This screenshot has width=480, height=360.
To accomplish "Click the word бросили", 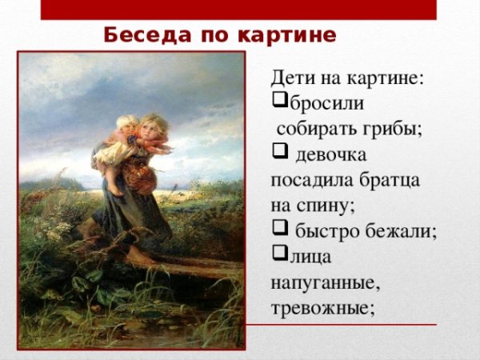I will point(323,104).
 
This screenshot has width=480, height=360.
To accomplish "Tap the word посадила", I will point(306,180).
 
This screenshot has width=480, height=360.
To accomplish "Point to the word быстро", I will point(323,231).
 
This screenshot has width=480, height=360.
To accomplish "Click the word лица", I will point(310,257).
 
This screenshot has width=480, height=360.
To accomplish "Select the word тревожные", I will point(322,307).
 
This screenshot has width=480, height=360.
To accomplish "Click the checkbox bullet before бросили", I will point(279,103).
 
